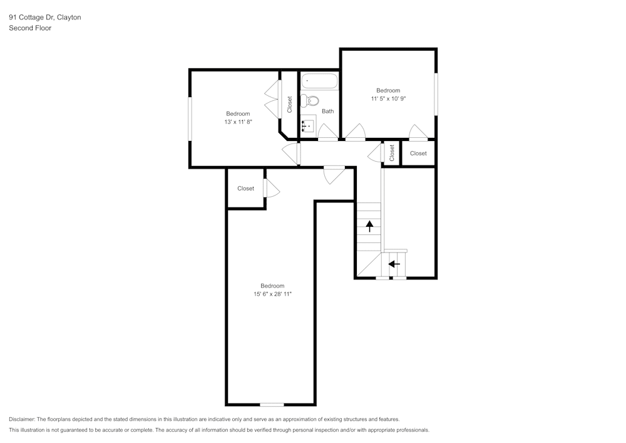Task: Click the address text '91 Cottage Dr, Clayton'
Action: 44,18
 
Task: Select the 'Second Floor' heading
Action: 30,28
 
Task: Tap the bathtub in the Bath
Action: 320,81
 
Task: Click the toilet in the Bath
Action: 310,100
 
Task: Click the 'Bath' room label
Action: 328,111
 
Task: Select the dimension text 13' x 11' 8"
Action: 238,122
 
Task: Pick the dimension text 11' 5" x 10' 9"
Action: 388,98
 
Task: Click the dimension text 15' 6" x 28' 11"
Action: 272,294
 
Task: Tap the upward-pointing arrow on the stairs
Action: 369,226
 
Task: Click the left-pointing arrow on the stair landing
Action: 394,264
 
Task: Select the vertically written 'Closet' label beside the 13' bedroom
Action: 289,104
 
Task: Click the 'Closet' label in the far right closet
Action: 418,154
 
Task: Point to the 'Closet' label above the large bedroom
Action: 245,189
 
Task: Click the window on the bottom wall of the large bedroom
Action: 272,404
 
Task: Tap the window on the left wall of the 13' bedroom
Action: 190,118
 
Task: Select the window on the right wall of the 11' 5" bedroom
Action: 436,94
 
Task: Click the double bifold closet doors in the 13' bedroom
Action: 273,100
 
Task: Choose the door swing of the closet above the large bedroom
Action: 272,188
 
